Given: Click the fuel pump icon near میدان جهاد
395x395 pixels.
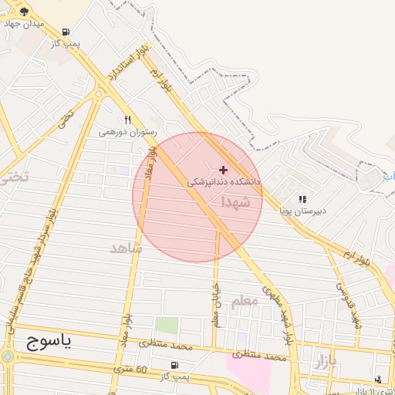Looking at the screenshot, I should tap(66, 32).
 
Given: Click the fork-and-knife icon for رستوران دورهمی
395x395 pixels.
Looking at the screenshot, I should tap(128, 120).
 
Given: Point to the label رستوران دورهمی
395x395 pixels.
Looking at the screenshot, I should tap(127, 133).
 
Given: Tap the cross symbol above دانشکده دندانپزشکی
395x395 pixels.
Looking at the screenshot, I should tap(224, 170).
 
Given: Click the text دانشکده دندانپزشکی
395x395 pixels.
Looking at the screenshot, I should tap(225, 182).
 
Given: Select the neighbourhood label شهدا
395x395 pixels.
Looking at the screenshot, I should tap(235, 202).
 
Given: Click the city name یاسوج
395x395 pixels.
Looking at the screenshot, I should tap(48, 343).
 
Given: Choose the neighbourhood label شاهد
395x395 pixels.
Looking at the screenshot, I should tap(127, 248).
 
